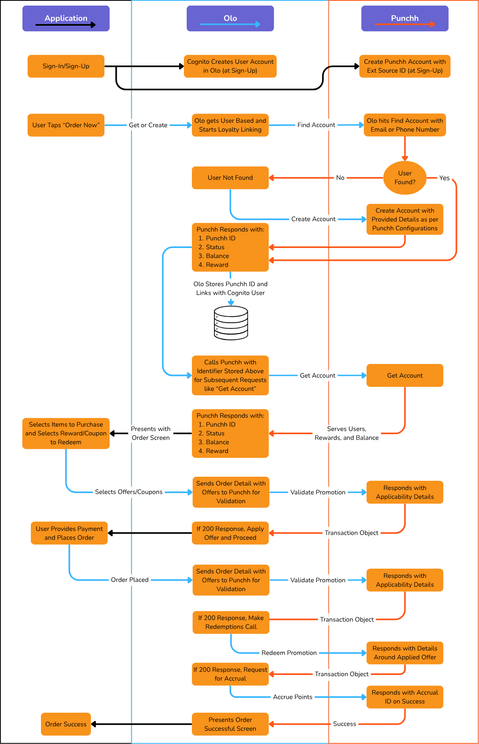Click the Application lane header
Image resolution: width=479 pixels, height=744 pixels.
(66, 18)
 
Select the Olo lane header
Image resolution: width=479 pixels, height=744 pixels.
(230, 18)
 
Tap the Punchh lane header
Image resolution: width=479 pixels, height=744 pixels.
(405, 18)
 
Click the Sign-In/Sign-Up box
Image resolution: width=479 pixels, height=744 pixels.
(66, 66)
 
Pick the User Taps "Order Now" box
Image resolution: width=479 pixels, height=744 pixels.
(66, 125)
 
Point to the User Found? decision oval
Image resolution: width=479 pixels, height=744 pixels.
(405, 178)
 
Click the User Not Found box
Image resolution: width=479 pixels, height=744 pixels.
(230, 178)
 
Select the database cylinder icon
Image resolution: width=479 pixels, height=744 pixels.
(231, 323)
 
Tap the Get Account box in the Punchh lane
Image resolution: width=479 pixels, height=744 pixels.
(405, 376)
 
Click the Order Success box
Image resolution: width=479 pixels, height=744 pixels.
(66, 724)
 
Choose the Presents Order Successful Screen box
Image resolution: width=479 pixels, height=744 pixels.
(230, 724)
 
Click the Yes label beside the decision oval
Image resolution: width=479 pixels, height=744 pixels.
(444, 178)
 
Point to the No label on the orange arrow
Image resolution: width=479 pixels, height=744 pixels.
(340, 178)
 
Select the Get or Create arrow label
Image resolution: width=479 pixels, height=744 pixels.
(148, 125)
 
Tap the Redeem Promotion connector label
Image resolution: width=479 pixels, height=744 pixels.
(289, 653)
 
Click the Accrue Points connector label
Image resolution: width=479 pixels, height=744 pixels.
(293, 697)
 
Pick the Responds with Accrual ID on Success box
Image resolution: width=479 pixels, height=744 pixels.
(405, 697)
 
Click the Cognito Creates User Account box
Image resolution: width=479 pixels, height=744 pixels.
(230, 66)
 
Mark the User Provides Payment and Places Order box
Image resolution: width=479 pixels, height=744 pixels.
(69, 533)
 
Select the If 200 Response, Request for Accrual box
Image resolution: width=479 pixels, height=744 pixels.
(230, 674)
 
